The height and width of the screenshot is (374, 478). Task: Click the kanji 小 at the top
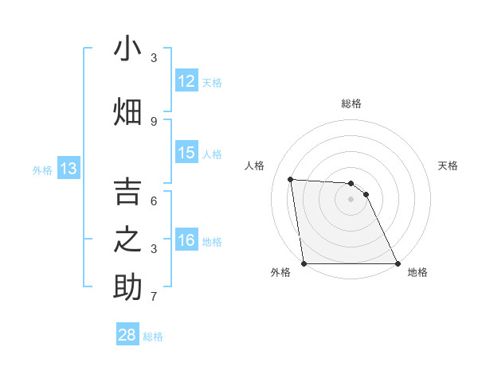point(127,49)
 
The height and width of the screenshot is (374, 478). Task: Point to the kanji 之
point(127,240)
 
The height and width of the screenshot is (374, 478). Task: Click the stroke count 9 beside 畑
point(154,121)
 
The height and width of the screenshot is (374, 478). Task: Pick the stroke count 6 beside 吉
point(154,201)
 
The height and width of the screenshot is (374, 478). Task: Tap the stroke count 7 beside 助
point(154,298)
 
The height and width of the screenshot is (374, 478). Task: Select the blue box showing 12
point(186,81)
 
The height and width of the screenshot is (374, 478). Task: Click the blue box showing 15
point(186,154)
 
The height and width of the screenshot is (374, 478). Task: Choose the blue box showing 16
point(186,241)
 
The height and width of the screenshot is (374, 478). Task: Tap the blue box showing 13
point(68,169)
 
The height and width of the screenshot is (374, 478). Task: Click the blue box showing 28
point(127,335)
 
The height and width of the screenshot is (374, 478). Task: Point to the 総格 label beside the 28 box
point(153,337)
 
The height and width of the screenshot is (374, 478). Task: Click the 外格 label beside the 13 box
point(42,169)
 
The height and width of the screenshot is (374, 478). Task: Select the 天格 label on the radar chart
point(449,166)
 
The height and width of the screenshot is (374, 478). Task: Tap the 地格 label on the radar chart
point(417,273)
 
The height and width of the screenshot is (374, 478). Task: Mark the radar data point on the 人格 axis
point(291,179)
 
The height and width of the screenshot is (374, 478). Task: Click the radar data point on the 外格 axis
point(304,263)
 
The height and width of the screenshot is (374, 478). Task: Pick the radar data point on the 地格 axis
point(398,263)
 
